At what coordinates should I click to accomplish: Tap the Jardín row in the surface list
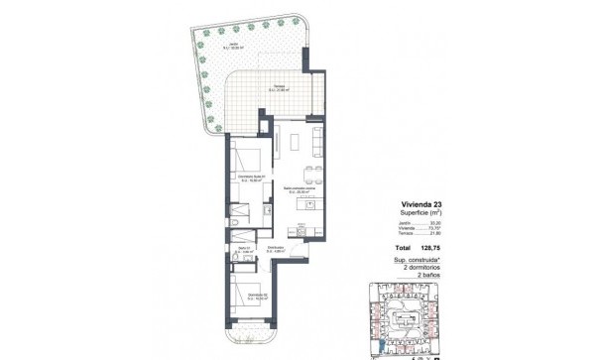click(x=414, y=224)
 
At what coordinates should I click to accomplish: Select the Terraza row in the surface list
click(x=414, y=235)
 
